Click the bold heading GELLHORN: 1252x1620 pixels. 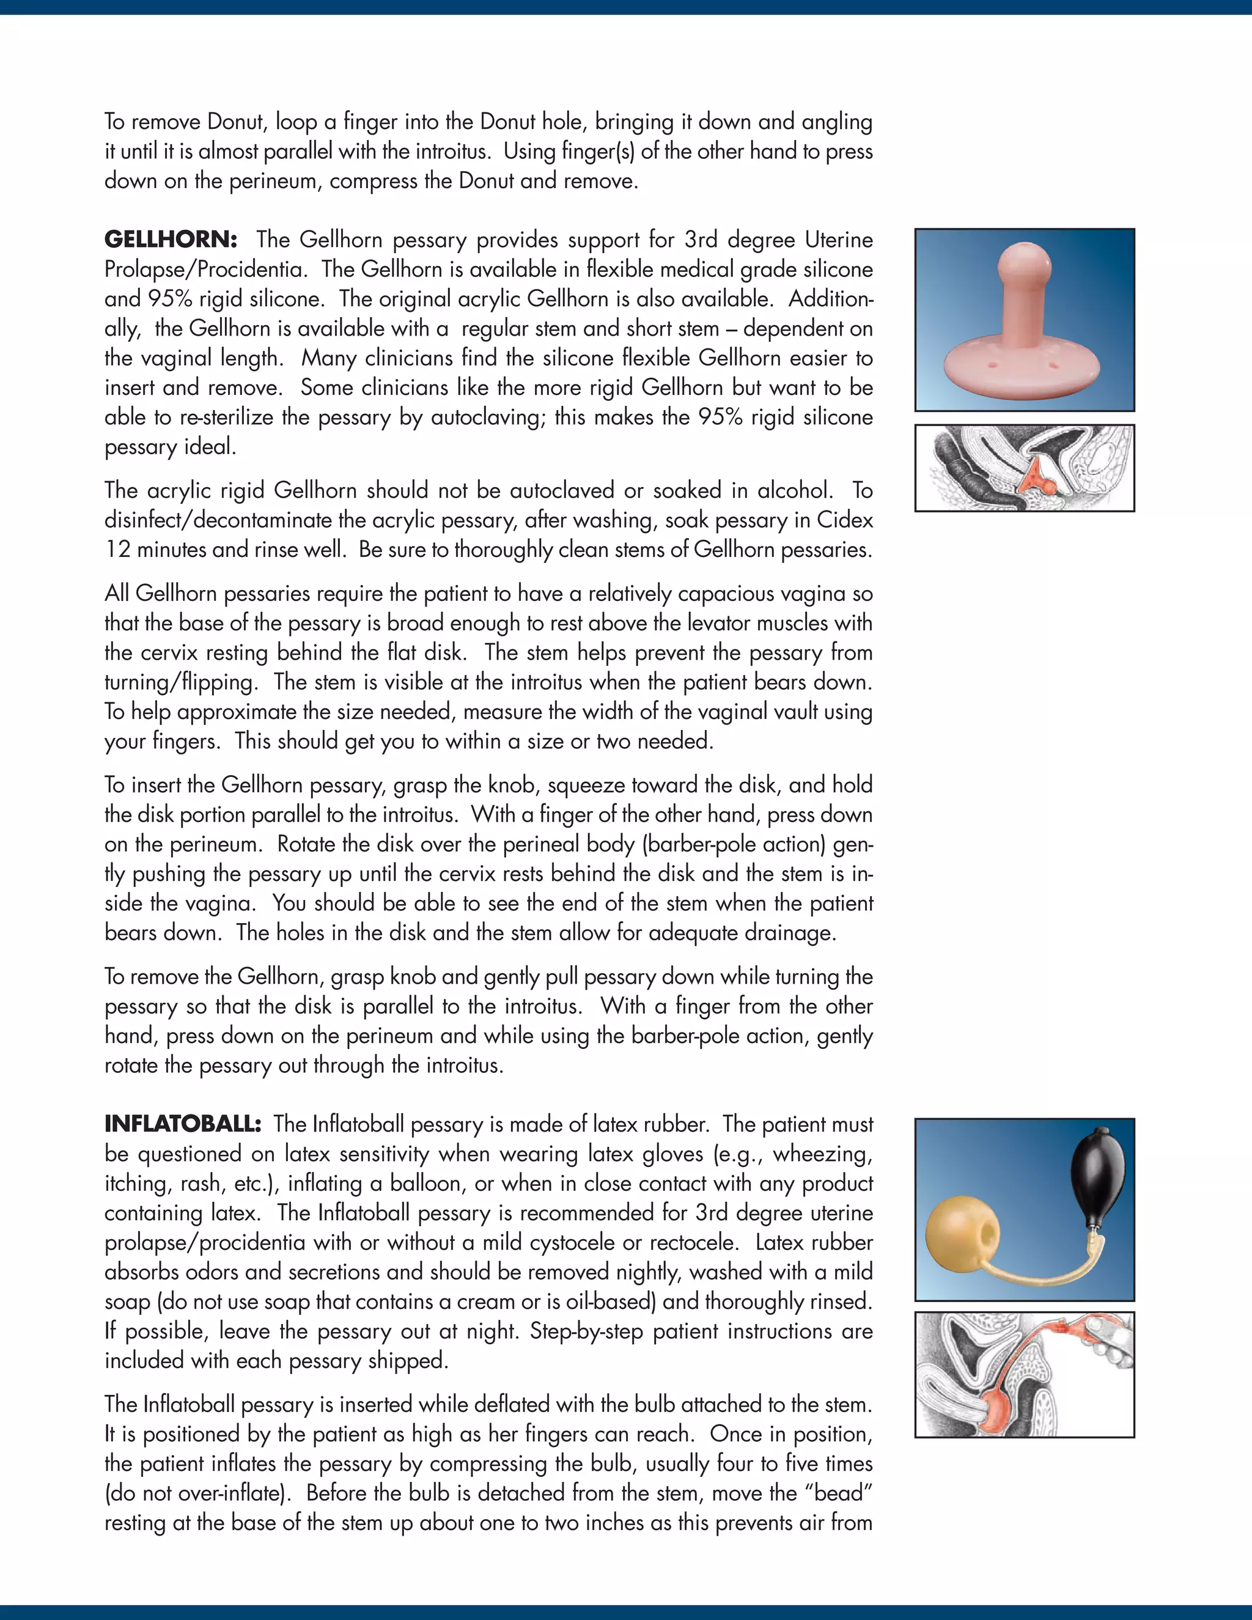171,240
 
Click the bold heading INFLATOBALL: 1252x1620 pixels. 182,1124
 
